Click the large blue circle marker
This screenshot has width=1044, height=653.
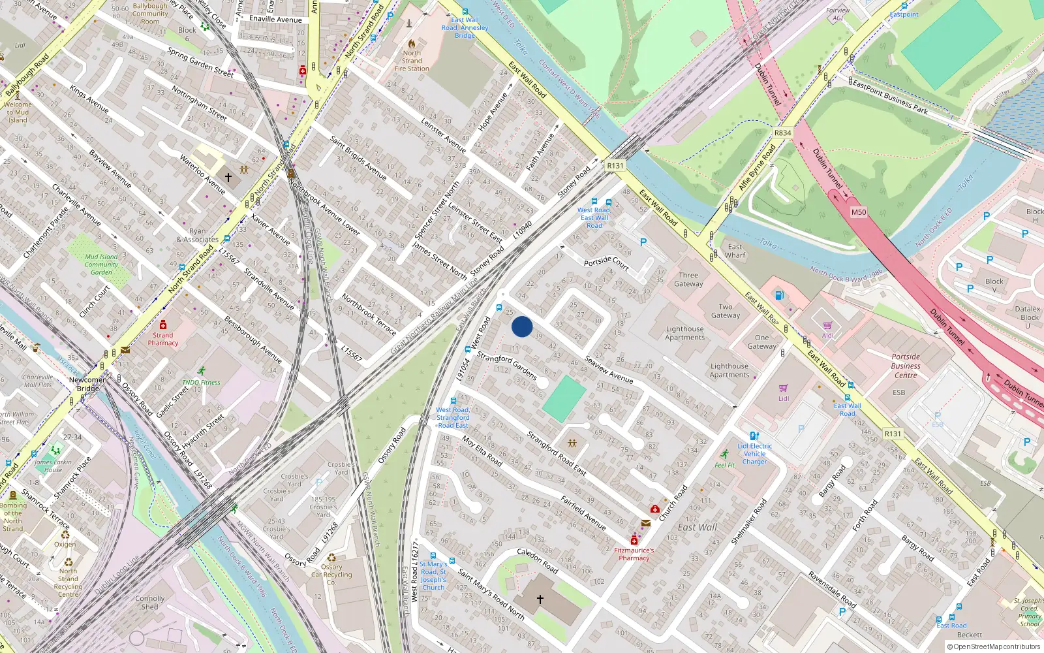click(522, 326)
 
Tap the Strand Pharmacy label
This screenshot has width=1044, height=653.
click(163, 339)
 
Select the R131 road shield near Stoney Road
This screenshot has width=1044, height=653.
click(615, 166)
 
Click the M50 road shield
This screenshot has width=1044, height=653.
click(859, 212)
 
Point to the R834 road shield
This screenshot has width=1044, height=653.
click(782, 133)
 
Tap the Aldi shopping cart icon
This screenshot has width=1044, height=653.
click(827, 325)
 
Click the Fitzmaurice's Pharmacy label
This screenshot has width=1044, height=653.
click(634, 554)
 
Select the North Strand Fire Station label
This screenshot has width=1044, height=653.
click(412, 61)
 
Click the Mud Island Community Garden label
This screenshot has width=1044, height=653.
click(101, 264)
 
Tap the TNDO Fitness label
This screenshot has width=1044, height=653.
click(201, 382)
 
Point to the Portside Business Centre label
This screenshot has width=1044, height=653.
click(906, 366)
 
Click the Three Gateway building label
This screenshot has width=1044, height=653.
click(688, 279)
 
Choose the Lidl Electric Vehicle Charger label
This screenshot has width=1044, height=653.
click(755, 454)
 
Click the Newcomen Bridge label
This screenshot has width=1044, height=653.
click(88, 384)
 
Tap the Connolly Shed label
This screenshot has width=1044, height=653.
click(150, 602)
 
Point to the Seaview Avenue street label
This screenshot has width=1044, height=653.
click(609, 370)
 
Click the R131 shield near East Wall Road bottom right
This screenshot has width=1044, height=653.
click(893, 434)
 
